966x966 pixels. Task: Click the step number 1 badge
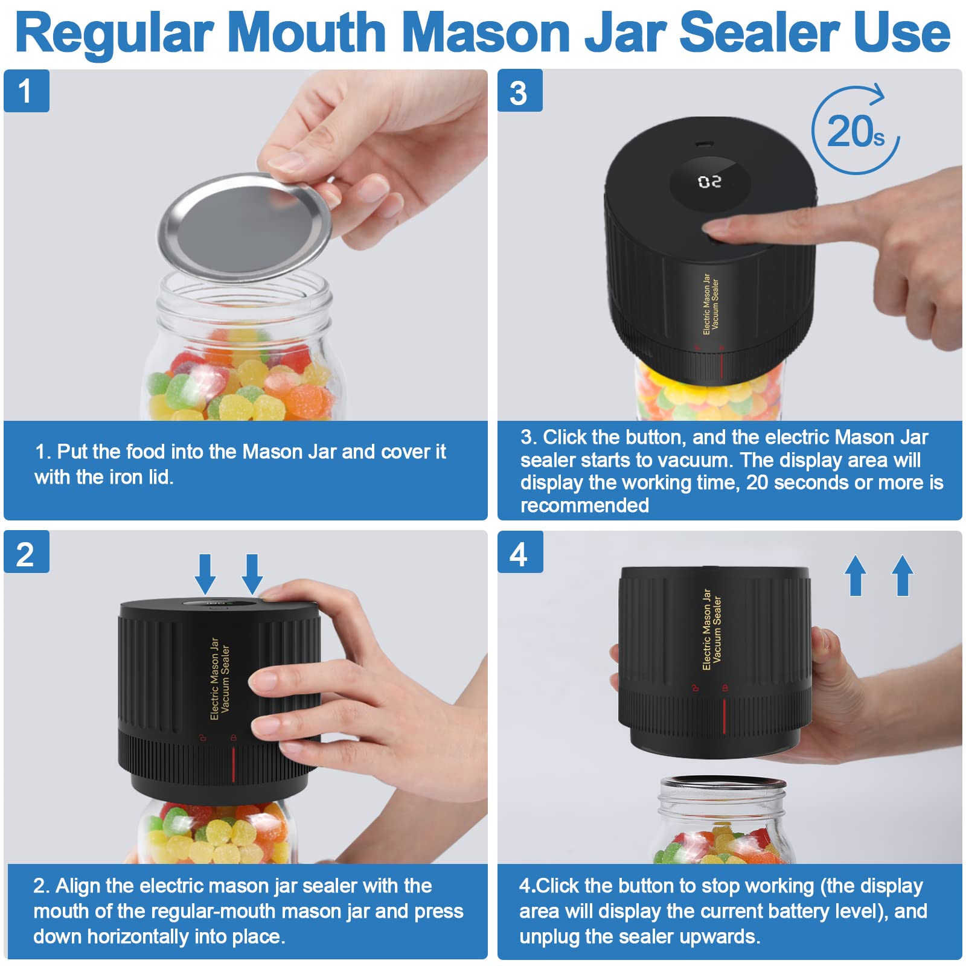[x=26, y=91]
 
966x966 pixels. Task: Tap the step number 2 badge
[x=26, y=553]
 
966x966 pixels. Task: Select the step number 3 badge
[x=519, y=91]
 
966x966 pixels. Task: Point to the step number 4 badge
[x=519, y=553]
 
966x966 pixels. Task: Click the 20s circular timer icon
[x=855, y=131]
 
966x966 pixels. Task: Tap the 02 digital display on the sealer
[x=709, y=182]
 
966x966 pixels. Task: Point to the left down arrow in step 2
[x=205, y=574]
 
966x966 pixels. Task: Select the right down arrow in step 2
[x=252, y=574]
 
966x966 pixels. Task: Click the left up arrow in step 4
[x=856, y=575]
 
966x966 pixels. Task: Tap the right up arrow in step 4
[x=903, y=575]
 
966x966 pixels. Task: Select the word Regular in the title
[x=115, y=34]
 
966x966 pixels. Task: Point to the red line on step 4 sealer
[x=724, y=717]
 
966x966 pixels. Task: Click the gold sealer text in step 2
[x=220, y=679]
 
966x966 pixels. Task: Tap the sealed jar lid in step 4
[x=722, y=783]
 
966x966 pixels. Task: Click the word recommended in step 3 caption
[x=584, y=505]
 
